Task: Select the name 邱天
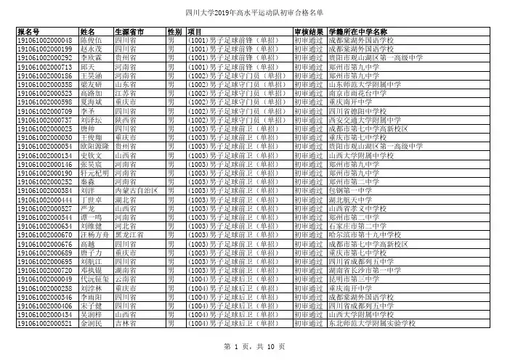[x=86, y=66]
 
